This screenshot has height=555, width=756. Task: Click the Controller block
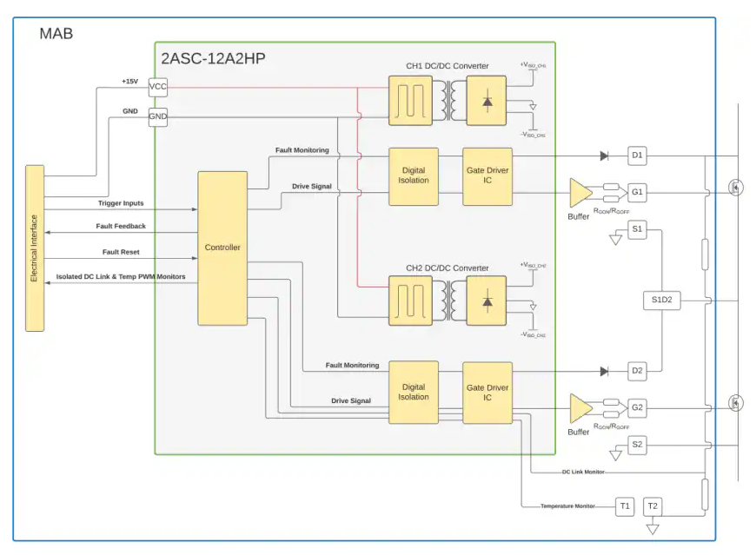pyautogui.click(x=222, y=248)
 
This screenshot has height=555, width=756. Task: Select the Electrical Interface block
pyautogui.click(x=35, y=248)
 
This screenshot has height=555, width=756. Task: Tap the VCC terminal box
pyautogui.click(x=158, y=87)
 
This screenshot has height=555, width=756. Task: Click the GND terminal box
pyautogui.click(x=158, y=116)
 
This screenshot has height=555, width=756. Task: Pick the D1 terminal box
pyautogui.click(x=637, y=156)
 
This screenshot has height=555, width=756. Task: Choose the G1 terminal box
pyautogui.click(x=637, y=191)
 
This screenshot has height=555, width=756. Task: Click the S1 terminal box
pyautogui.click(x=637, y=230)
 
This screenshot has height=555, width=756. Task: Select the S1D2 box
pyautogui.click(x=662, y=301)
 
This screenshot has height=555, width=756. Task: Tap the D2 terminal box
pyautogui.click(x=637, y=371)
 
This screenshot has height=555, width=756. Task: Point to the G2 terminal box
pyautogui.click(x=637, y=406)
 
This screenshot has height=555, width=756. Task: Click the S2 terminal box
pyautogui.click(x=637, y=445)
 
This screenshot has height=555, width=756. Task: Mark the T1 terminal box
pyautogui.click(x=625, y=506)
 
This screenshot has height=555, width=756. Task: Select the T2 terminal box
pyautogui.click(x=653, y=506)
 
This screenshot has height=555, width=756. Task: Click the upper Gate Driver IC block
pyautogui.click(x=487, y=176)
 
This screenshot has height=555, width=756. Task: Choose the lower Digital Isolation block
pyautogui.click(x=414, y=392)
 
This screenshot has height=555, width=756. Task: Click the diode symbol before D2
pyautogui.click(x=604, y=371)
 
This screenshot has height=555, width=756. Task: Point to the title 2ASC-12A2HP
pyautogui.click(x=213, y=59)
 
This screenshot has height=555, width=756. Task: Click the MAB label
pyautogui.click(x=56, y=34)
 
